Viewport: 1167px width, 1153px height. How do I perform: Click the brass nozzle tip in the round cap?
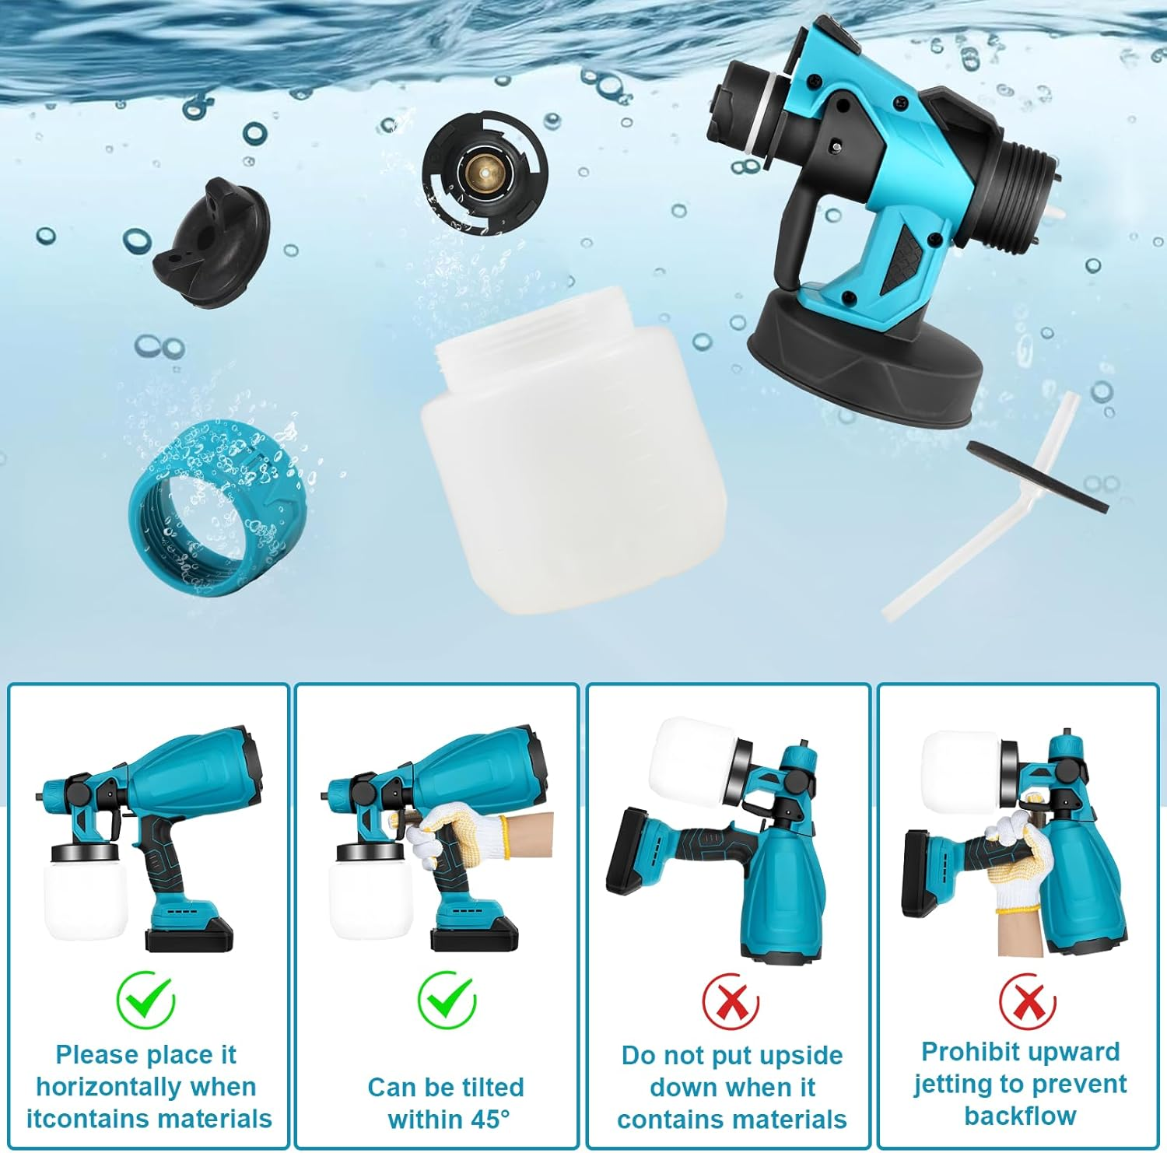(485, 170)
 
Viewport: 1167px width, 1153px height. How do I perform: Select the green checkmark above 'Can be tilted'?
(446, 999)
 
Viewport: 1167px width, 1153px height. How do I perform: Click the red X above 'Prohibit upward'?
(1028, 1001)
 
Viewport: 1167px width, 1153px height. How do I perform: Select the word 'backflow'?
(1020, 1115)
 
